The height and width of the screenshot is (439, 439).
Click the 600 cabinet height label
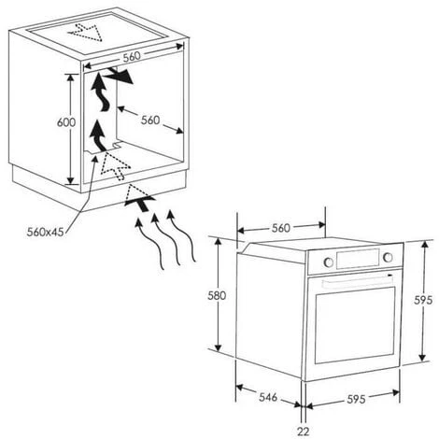66,122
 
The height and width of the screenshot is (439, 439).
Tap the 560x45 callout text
45,232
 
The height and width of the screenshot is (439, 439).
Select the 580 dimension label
217,295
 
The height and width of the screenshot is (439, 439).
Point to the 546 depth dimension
268,397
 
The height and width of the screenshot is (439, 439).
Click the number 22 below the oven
303,432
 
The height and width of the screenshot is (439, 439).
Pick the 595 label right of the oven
423,300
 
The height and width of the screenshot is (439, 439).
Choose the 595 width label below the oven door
356,399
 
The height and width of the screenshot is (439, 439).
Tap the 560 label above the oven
281,228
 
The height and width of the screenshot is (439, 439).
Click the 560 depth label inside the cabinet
150,120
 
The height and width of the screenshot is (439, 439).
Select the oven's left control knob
328,262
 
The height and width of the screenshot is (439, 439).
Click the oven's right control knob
388,257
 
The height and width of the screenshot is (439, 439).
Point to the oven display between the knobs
358,259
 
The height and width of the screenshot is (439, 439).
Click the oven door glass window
355,325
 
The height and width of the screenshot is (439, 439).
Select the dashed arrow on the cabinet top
86,31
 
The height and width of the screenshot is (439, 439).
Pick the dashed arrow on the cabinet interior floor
115,165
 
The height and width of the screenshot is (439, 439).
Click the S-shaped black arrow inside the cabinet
101,92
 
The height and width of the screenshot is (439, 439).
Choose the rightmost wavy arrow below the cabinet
181,235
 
